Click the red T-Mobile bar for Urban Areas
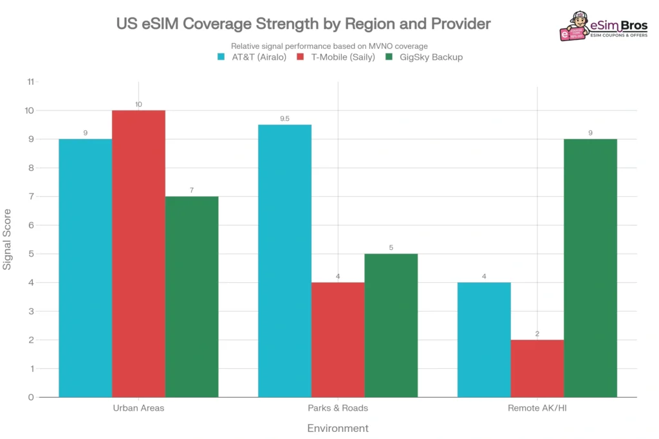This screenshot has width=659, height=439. (x=138, y=254)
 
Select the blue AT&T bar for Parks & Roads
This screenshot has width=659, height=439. (x=284, y=261)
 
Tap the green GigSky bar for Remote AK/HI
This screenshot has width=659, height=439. (x=590, y=268)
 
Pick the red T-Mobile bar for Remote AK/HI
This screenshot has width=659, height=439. (x=537, y=368)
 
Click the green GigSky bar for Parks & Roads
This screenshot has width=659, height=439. (x=391, y=325)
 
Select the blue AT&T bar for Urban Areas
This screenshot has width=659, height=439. (x=85, y=268)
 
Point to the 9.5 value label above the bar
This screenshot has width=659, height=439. (x=284, y=119)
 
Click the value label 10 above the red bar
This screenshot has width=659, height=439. (x=138, y=104)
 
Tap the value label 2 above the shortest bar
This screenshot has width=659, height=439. (x=537, y=334)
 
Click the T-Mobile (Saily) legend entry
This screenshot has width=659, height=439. (x=335, y=57)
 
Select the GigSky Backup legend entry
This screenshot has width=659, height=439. (x=423, y=57)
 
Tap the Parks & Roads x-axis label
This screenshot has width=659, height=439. (x=338, y=408)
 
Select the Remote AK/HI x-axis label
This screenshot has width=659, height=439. (x=537, y=408)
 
